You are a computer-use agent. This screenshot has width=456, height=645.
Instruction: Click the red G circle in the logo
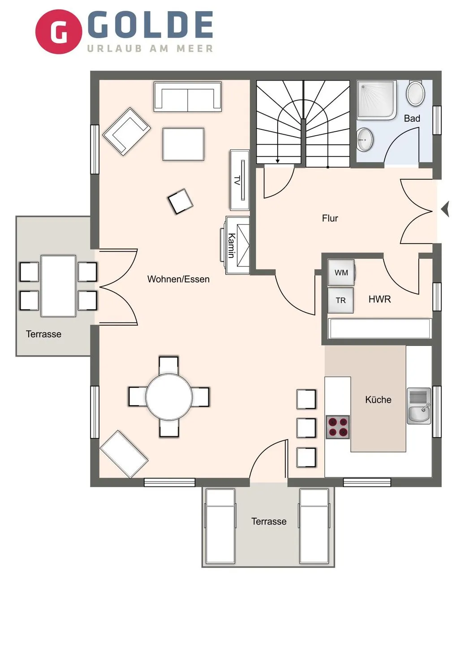pyautogui.click(x=59, y=32)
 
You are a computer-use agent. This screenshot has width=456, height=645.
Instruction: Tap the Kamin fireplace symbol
pyautogui.click(x=237, y=245)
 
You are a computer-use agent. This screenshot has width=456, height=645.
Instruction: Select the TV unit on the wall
pyautogui.click(x=240, y=180)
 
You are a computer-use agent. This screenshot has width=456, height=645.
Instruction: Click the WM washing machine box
pyautogui.click(x=341, y=272)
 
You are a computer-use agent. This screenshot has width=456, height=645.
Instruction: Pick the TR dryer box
pyautogui.click(x=340, y=300)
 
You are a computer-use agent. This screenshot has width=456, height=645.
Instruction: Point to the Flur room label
pyautogui.click(x=330, y=218)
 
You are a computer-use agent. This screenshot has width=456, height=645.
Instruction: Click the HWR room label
pyautogui.click(x=379, y=299)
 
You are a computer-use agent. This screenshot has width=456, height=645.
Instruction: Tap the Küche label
pyautogui.click(x=378, y=400)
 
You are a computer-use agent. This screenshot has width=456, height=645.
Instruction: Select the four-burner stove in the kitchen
pyautogui.click(x=337, y=427)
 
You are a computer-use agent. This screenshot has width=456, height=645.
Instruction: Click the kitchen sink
pyautogui.click(x=419, y=406)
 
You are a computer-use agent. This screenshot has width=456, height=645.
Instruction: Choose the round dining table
pyautogui.click(x=169, y=397)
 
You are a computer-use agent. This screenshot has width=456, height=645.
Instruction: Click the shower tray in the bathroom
pyautogui.click(x=376, y=100)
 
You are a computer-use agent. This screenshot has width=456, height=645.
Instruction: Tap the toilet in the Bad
pyautogui.click(x=415, y=93)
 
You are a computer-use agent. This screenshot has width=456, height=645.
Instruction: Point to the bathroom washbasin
pyautogui.click(x=365, y=140)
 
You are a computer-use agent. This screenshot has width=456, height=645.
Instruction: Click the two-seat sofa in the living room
pyautogui.click(x=187, y=97)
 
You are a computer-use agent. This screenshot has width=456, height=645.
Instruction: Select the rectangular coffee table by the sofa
pyautogui.click(x=183, y=144)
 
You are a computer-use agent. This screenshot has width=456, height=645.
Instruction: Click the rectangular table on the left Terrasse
pyautogui.click(x=58, y=286)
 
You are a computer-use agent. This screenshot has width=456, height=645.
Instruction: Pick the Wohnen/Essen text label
pyautogui.click(x=178, y=279)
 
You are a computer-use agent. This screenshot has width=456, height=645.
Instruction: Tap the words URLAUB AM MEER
pyautogui.click(x=150, y=48)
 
